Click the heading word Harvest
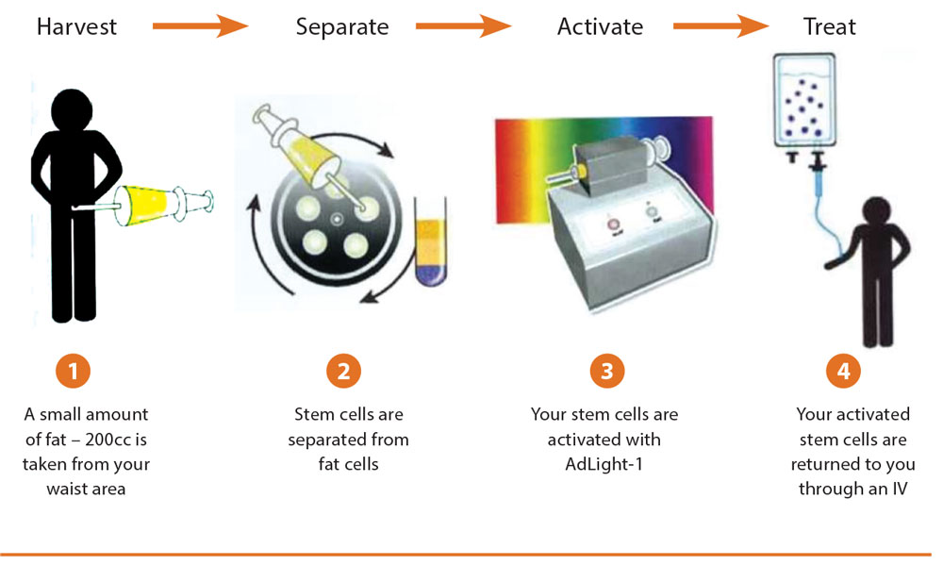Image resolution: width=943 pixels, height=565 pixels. tap(76, 26)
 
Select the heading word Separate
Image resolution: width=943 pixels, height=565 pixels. tap(342, 26)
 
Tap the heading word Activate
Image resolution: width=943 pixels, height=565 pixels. tap(600, 26)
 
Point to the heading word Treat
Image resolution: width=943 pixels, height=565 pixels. tap(830, 26)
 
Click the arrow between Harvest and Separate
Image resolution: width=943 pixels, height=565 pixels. tap(199, 25)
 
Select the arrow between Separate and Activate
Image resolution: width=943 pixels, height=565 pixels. tap(463, 25)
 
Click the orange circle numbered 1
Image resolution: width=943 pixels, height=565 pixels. tap(73, 371)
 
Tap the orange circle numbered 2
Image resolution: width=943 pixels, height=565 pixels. tap(344, 371)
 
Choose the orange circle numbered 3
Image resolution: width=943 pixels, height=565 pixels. tap(606, 371)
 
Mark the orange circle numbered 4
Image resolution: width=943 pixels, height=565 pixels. tap(843, 371)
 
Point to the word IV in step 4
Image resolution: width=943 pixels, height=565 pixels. tap(897, 489)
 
